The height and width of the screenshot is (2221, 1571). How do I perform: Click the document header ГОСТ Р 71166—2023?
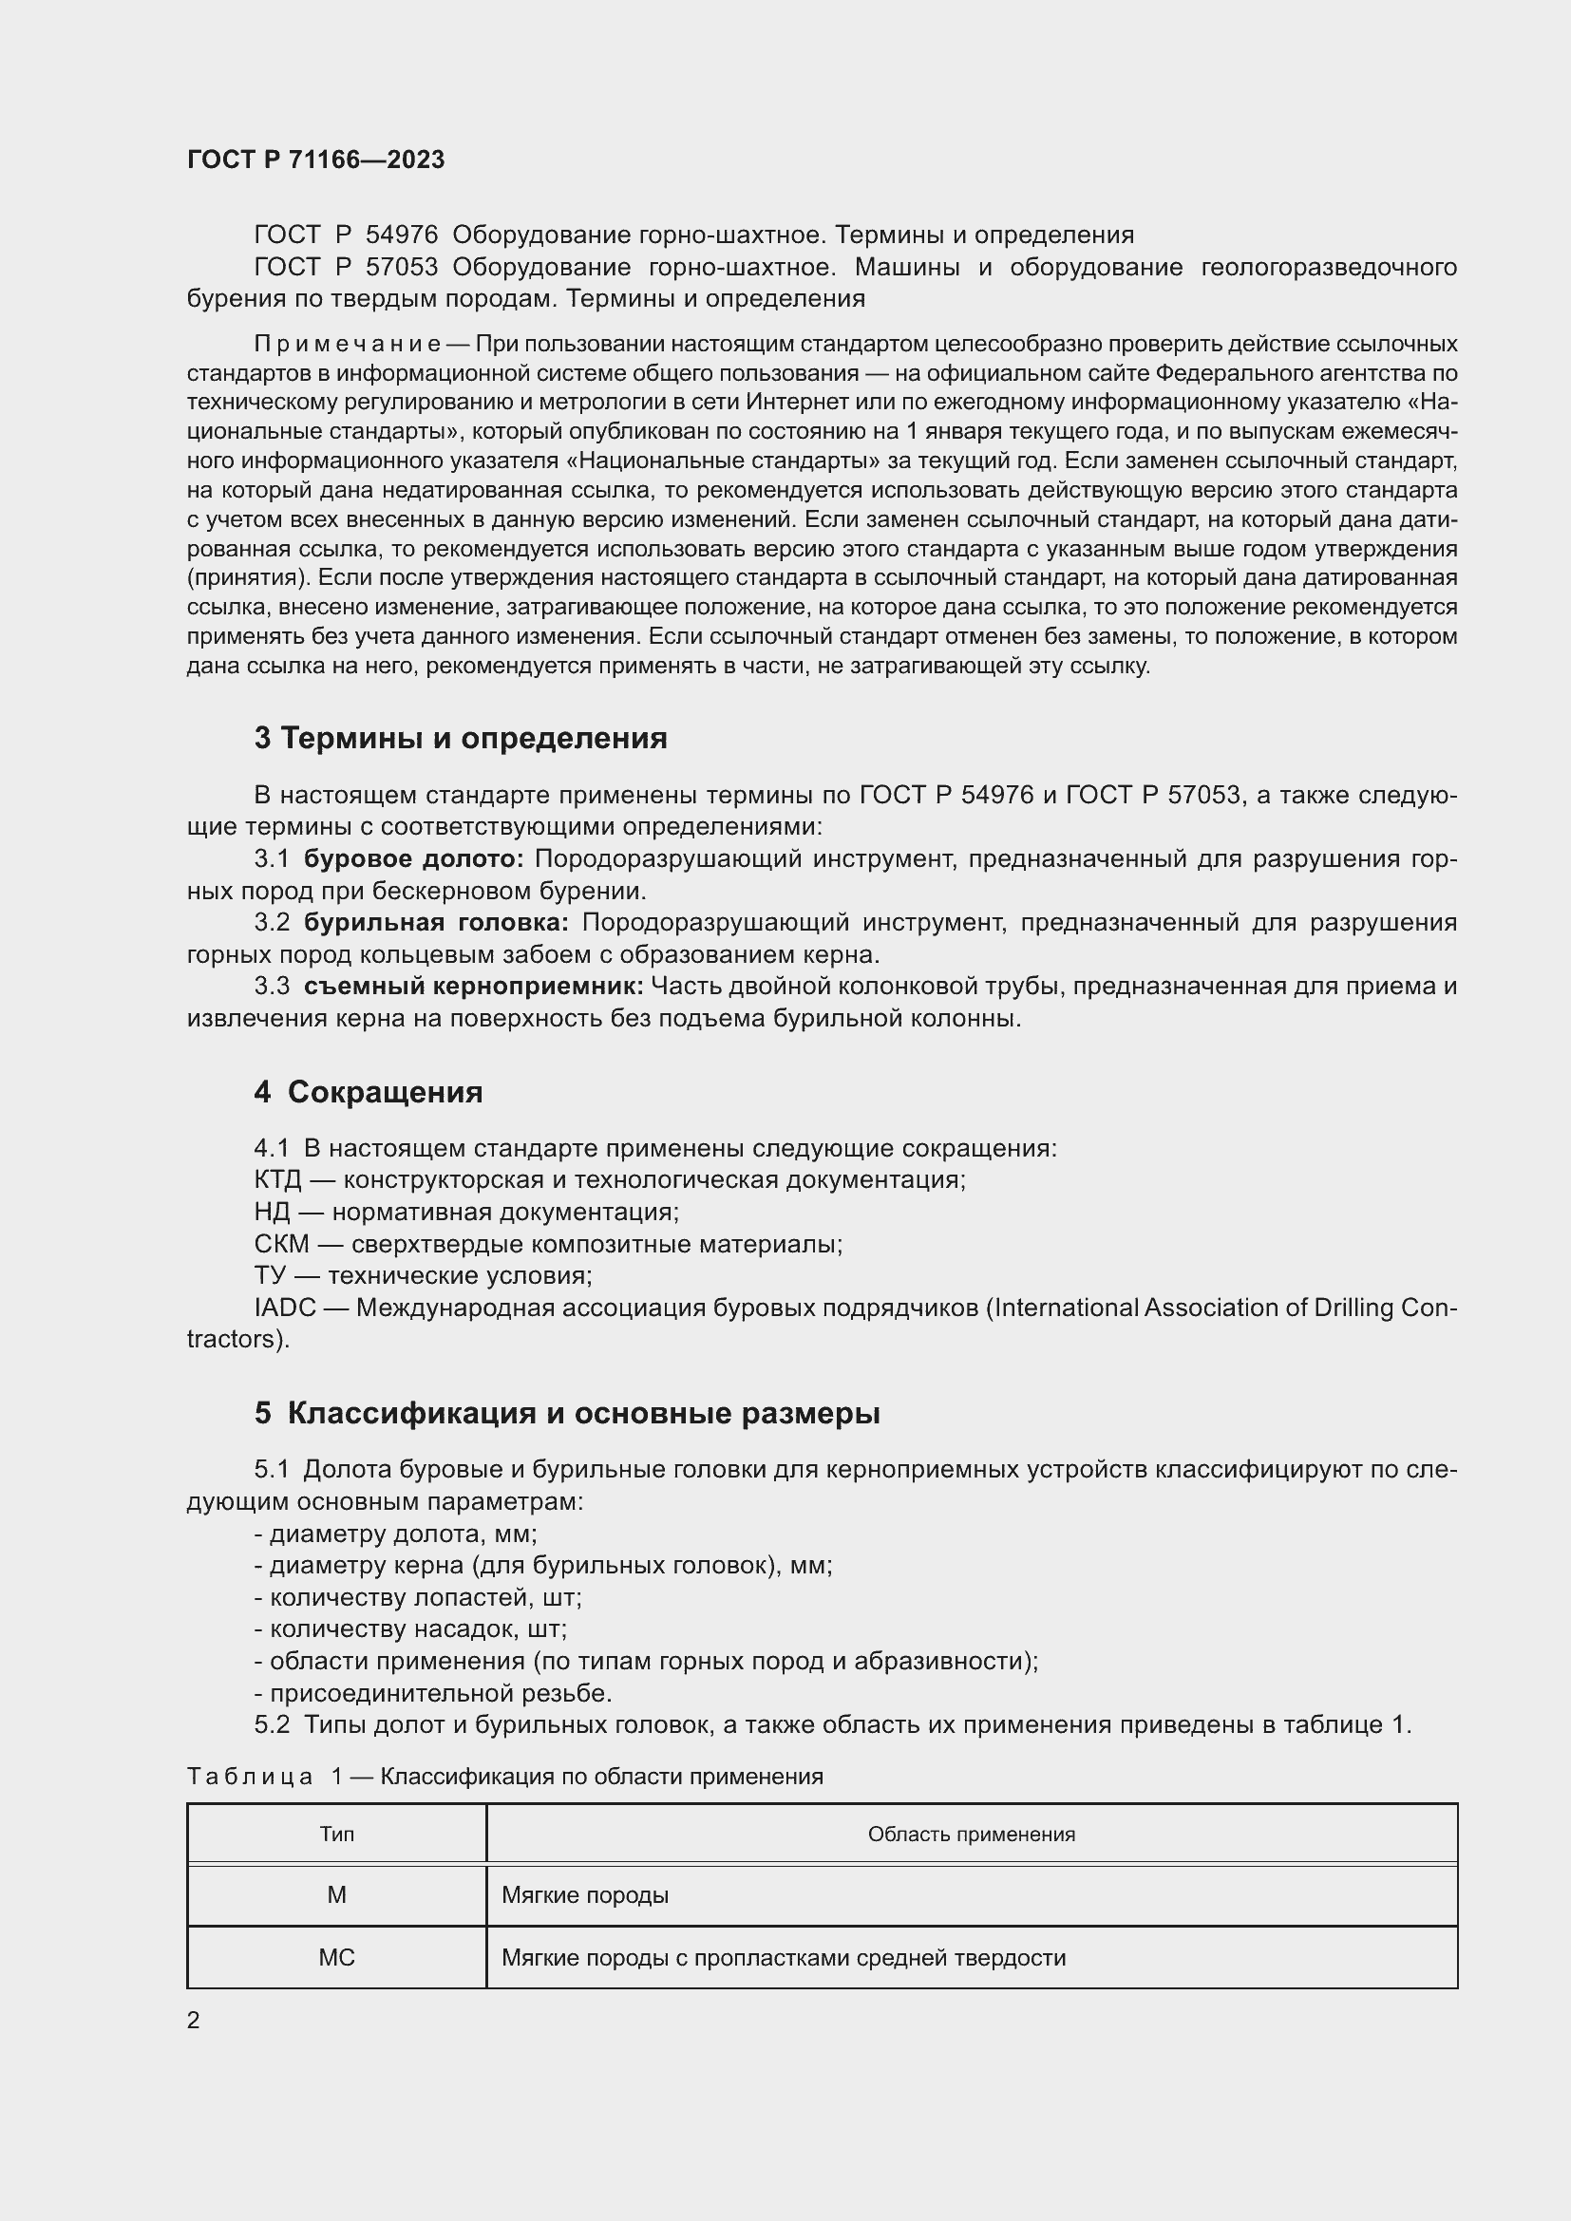[x=315, y=160]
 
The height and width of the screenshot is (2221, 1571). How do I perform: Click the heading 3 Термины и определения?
[x=461, y=739]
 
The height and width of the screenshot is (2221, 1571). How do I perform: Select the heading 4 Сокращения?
[x=368, y=1092]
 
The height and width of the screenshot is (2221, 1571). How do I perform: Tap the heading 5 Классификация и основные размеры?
[x=567, y=1413]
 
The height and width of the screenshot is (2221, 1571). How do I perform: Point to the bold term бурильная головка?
[x=436, y=923]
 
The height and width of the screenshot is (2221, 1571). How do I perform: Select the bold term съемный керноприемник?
[x=473, y=987]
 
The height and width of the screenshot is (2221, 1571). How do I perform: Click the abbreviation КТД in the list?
[x=277, y=1180]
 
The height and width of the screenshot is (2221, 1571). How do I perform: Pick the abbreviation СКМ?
[x=281, y=1244]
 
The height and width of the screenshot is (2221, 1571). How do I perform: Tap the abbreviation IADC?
[x=284, y=1308]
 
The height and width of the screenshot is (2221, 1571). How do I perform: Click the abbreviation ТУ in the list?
[x=271, y=1276]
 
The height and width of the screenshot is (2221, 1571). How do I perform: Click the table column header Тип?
[x=336, y=1835]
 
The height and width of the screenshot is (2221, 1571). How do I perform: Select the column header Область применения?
[x=972, y=1835]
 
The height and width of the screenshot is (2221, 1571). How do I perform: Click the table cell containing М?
[x=336, y=1895]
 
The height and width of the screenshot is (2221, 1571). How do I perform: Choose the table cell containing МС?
[x=336, y=1958]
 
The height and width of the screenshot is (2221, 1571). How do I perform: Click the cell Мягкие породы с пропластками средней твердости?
[x=784, y=1958]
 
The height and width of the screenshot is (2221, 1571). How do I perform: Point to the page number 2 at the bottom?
[x=194, y=2021]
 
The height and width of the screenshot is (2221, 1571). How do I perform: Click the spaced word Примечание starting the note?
[x=348, y=345]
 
